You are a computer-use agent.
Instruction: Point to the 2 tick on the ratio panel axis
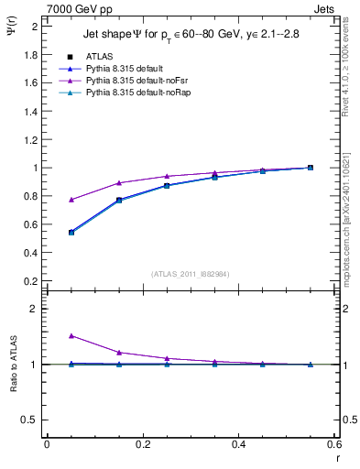[x=34, y=309]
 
